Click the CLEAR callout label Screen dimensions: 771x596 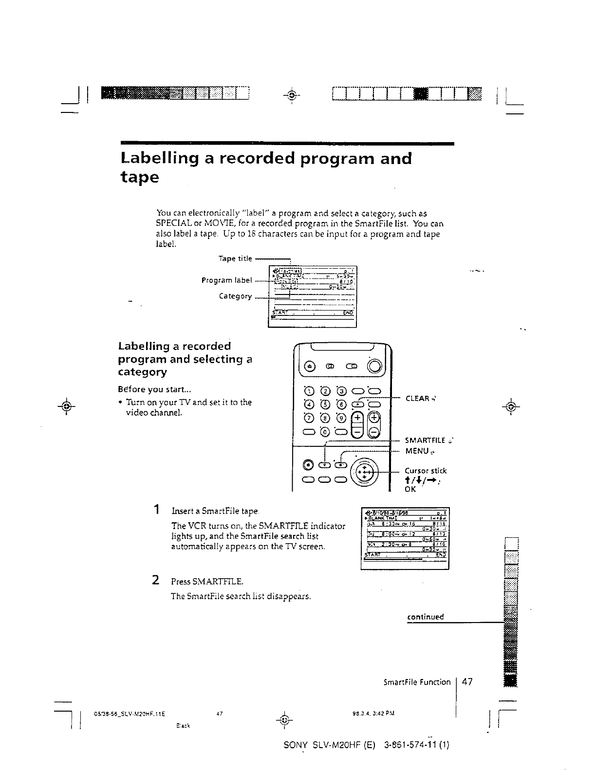tap(417, 399)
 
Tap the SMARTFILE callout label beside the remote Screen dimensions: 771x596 tap(425, 441)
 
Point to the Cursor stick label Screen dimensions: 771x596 tap(426, 471)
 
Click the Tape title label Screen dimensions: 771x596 tap(235, 258)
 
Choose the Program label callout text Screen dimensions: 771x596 tap(226, 280)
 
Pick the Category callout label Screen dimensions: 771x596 tap(235, 296)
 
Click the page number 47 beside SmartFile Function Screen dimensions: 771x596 tap(467, 682)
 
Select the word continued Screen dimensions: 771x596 tap(425, 617)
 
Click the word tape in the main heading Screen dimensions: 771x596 tap(139, 178)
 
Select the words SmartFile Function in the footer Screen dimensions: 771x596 tap(417, 682)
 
